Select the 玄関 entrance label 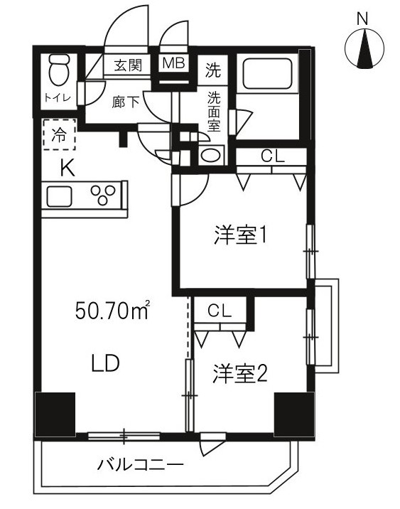click(128, 65)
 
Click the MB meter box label click(173, 64)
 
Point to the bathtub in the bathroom click(269, 75)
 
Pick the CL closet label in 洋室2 click(220, 311)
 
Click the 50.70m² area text click(112, 310)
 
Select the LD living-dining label click(104, 364)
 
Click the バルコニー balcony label click(140, 466)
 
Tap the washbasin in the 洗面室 click(212, 156)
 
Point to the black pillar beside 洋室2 click(293, 413)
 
